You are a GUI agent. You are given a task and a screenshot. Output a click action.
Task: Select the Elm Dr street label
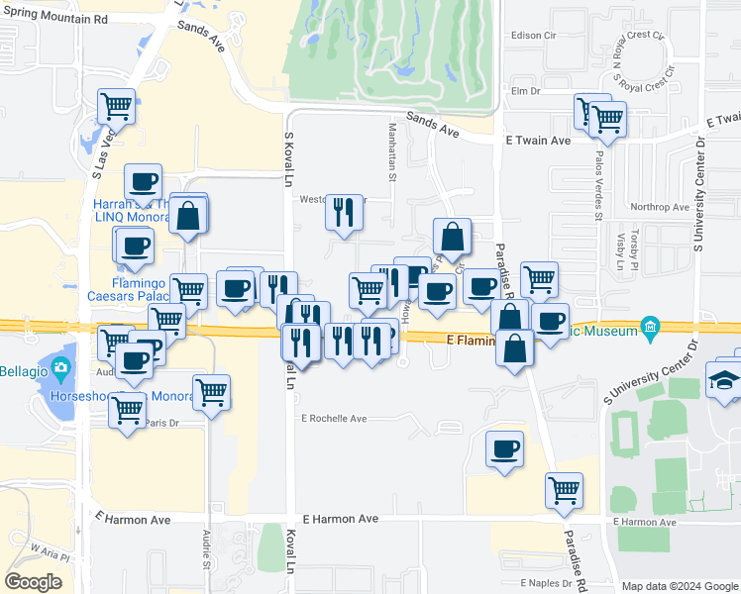coord(523,91)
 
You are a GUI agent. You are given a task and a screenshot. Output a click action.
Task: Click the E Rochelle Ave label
coord(334,419)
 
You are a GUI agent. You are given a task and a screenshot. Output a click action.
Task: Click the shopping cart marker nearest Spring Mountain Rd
coord(116,104)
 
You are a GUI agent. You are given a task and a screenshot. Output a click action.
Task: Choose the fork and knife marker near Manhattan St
coord(344,211)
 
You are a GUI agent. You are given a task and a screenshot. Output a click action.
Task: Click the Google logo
coord(33,581)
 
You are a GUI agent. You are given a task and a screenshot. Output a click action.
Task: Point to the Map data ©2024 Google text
coord(679,586)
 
